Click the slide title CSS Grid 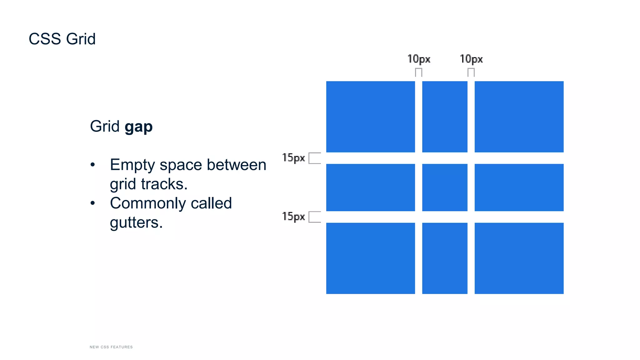coord(62,39)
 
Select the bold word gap coord(138,127)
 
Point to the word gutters coord(136,223)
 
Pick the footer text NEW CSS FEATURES coord(111,347)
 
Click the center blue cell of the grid coord(445,187)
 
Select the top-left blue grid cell coord(370,117)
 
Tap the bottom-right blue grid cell coord(519,258)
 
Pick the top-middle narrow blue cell coord(445,117)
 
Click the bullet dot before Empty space coord(92,165)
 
